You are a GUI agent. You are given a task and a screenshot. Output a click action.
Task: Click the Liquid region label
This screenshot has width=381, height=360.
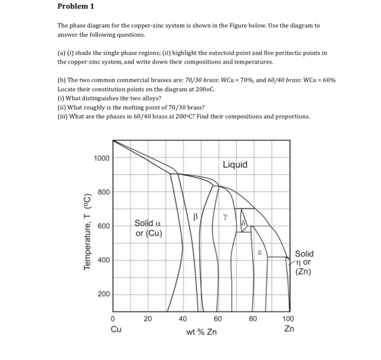tap(235, 164)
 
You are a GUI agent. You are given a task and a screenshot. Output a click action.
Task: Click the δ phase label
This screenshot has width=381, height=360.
tap(244, 224)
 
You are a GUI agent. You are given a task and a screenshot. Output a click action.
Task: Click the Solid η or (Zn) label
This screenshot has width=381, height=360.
tap(304, 263)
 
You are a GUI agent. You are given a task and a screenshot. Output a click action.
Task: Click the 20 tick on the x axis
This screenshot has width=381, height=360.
tap(148, 319)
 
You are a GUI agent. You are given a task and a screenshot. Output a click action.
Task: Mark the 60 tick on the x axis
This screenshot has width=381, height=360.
tap(218, 319)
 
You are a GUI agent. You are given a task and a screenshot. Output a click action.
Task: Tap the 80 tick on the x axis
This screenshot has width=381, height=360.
tap(253, 319)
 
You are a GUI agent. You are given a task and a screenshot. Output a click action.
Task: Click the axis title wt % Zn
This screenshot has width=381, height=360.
tap(201, 332)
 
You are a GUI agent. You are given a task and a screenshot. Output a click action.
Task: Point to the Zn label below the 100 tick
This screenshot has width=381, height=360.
tap(289, 329)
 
